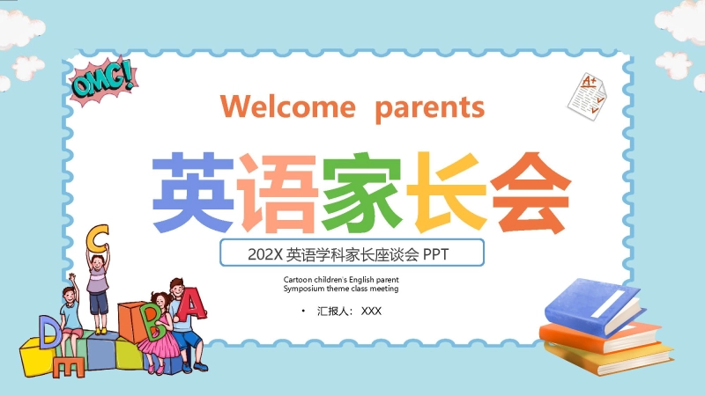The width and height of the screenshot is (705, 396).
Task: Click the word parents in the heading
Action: pos(429,107)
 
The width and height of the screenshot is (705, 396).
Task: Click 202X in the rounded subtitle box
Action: pos(264,254)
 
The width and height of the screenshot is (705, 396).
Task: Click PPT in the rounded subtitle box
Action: pos(436,254)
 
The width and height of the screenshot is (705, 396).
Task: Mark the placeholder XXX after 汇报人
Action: pos(372,311)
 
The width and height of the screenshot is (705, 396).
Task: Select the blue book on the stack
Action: pos(591,303)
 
